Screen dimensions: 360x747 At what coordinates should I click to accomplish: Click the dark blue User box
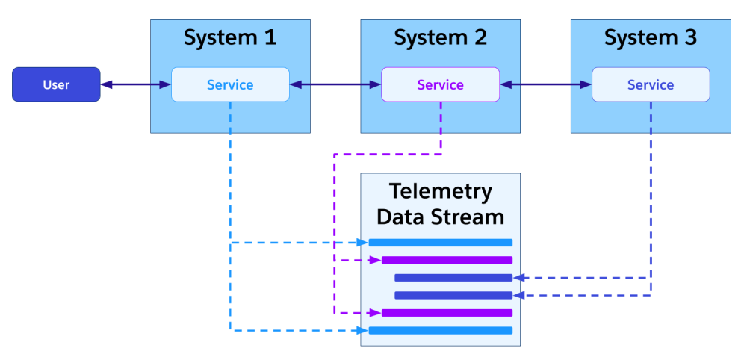click(56, 84)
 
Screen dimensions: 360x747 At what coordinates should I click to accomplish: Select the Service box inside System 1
click(230, 84)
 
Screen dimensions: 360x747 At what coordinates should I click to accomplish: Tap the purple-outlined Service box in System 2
click(440, 84)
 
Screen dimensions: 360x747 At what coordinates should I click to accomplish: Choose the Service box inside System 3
click(651, 84)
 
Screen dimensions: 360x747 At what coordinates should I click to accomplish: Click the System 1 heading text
click(230, 37)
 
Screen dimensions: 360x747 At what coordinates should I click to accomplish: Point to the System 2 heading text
click(440, 37)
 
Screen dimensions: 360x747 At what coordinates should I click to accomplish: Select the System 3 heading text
click(651, 37)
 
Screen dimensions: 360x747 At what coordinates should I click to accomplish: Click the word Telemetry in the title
click(440, 191)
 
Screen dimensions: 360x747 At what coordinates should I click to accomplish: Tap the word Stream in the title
click(471, 217)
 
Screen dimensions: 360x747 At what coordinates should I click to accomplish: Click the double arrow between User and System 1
click(136, 84)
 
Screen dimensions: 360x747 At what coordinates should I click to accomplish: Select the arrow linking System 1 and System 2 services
click(335, 84)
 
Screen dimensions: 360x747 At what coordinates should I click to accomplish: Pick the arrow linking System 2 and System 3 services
click(546, 84)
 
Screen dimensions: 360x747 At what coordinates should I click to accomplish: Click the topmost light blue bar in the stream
click(441, 242)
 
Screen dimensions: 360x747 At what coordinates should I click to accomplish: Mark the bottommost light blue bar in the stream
click(441, 330)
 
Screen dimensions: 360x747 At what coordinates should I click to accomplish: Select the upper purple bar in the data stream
click(447, 260)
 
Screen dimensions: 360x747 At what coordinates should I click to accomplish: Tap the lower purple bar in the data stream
click(447, 313)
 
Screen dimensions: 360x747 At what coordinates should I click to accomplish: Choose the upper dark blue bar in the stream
click(453, 278)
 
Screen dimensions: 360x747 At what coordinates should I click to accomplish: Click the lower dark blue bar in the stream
click(453, 295)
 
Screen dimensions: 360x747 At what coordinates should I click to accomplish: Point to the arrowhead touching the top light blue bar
click(364, 242)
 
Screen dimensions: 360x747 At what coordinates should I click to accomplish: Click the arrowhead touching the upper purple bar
click(376, 260)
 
